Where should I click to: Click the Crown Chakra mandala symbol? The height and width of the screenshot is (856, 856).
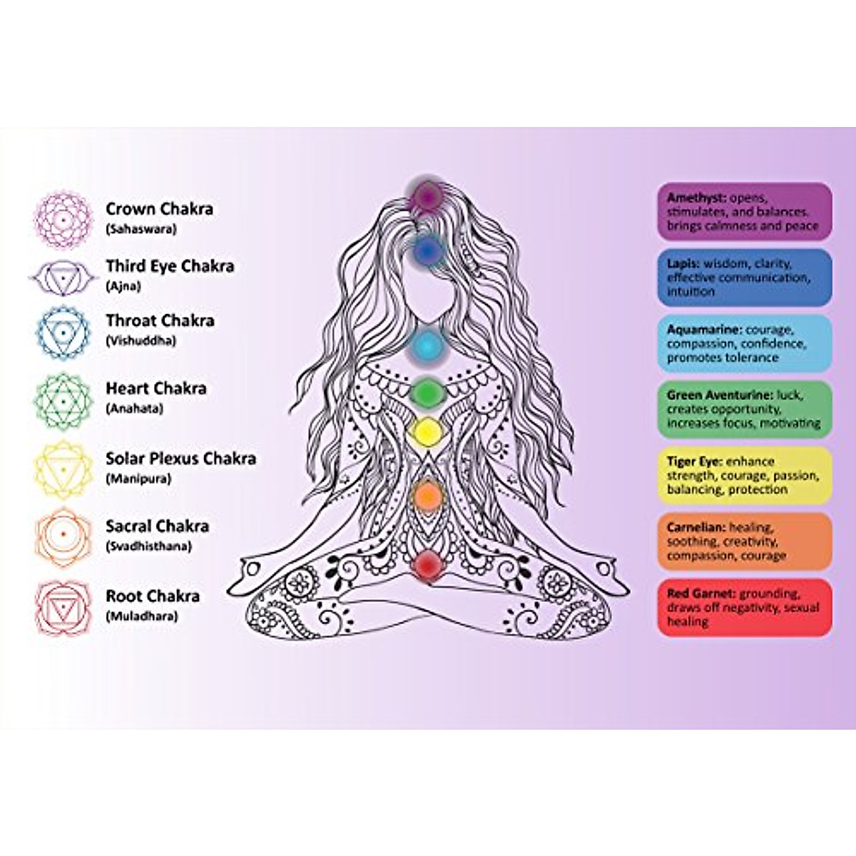click(x=63, y=220)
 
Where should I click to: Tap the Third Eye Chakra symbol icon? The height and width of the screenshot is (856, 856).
click(x=63, y=278)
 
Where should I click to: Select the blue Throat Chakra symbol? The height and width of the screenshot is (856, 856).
click(x=63, y=332)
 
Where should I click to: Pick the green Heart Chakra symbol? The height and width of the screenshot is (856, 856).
click(x=63, y=402)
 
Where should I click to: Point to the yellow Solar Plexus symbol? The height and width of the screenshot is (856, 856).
click(x=63, y=469)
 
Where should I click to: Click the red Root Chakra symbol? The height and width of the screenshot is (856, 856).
click(x=63, y=607)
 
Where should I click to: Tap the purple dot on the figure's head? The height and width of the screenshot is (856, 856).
click(x=427, y=195)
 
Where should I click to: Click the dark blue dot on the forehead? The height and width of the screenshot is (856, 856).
click(x=427, y=251)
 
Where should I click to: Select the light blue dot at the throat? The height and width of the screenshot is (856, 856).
click(x=427, y=346)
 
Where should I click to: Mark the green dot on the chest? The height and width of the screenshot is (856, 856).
click(x=427, y=392)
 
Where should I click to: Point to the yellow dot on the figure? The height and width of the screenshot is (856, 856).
click(x=427, y=430)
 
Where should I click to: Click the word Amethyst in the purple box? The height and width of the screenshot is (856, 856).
click(x=696, y=198)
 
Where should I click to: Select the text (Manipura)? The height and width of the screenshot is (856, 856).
click(x=138, y=479)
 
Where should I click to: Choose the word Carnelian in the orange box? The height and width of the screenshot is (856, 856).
click(x=695, y=527)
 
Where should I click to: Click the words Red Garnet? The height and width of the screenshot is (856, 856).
click(x=700, y=593)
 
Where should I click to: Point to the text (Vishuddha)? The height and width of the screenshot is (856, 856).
click(x=141, y=341)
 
